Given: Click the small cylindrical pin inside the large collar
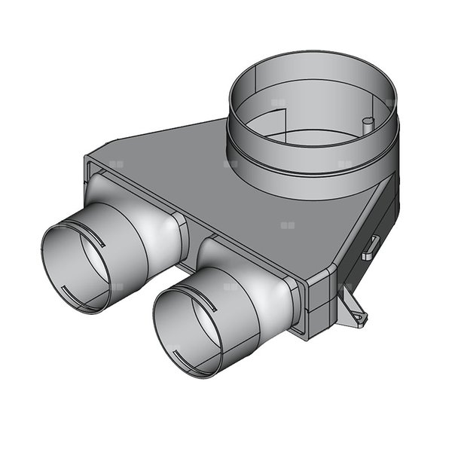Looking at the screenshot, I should point(367,125).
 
